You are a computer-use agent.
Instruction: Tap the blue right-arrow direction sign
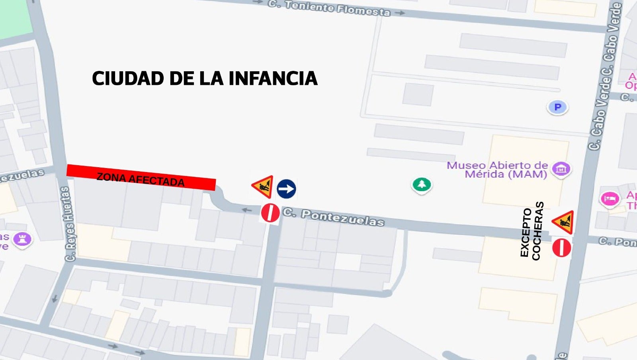click(286, 189)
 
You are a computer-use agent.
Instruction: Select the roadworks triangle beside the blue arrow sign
click(263, 186)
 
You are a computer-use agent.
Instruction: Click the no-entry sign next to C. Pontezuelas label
click(270, 213)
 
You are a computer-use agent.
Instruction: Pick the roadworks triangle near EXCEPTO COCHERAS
click(563, 222)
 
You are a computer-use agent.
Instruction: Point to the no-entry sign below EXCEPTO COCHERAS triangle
click(561, 248)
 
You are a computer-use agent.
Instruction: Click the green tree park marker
click(422, 184)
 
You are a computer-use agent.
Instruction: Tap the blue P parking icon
click(557, 107)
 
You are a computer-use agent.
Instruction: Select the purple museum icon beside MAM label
click(561, 169)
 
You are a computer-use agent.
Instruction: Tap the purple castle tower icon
click(22, 239)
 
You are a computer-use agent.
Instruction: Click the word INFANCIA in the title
click(273, 78)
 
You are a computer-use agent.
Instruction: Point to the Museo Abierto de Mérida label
click(497, 170)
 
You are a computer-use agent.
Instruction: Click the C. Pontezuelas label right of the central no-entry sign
click(334, 217)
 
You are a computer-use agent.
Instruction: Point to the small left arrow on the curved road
click(247, 210)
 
